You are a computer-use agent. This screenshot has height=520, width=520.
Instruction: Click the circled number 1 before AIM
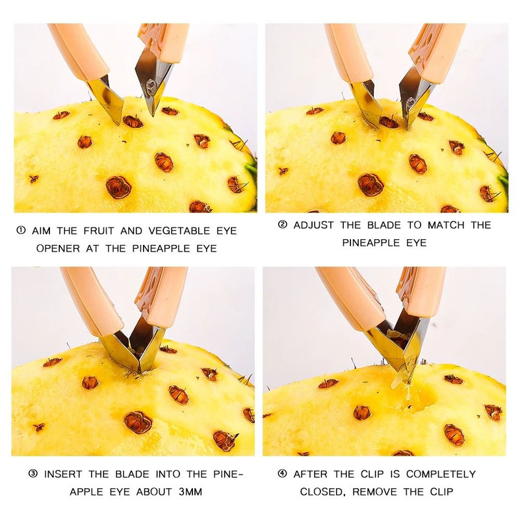(21, 230)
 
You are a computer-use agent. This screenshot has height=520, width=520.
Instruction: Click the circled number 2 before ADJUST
(283, 224)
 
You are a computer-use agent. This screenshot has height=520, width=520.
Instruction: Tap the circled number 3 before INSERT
(33, 474)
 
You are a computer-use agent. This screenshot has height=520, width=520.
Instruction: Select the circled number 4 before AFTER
(283, 474)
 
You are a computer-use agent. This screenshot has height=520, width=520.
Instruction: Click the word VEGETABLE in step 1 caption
(179, 231)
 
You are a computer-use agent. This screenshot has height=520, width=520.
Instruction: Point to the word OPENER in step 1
(58, 248)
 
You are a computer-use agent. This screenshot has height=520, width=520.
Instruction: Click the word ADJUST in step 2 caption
(313, 225)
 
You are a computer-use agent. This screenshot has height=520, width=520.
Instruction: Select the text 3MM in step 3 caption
(190, 491)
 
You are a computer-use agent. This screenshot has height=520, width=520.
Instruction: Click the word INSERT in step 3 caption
(63, 474)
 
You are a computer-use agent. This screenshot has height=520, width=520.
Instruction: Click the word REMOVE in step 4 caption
(374, 491)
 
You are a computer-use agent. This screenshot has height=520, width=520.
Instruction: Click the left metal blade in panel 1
(107, 99)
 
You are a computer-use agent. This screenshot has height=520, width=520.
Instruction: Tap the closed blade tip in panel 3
(139, 370)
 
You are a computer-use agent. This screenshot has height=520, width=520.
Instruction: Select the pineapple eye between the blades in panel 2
(389, 122)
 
